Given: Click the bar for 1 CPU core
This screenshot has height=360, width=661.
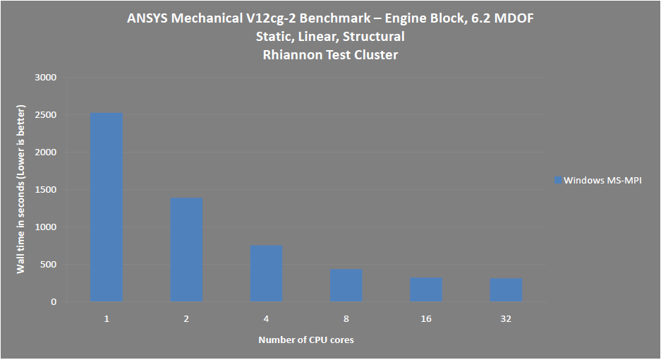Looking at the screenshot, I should click(x=107, y=208).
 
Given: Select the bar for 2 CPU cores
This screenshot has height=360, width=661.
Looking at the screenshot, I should click(x=186, y=250).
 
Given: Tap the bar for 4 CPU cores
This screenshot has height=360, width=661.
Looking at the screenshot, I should click(x=266, y=274).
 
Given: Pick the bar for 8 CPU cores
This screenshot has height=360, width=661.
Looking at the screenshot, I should click(x=346, y=286).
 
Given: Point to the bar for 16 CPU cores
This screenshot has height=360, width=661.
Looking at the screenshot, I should click(x=426, y=290).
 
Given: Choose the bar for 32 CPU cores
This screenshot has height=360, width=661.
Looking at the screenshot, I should click(x=506, y=290).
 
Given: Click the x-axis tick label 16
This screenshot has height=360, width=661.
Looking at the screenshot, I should click(x=426, y=319).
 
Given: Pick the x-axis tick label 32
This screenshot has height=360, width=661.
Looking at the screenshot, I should click(x=506, y=319).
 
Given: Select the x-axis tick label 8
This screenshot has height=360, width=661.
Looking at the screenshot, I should click(x=346, y=319).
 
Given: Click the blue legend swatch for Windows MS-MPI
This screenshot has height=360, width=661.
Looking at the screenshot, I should click(x=557, y=181).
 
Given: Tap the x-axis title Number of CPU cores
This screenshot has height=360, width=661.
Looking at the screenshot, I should click(x=306, y=340).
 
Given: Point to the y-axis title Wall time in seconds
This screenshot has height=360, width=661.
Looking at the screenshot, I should click(x=21, y=190).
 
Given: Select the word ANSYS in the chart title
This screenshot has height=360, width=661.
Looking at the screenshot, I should click(x=147, y=18).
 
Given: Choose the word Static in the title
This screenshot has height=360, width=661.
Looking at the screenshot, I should click(x=273, y=36).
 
